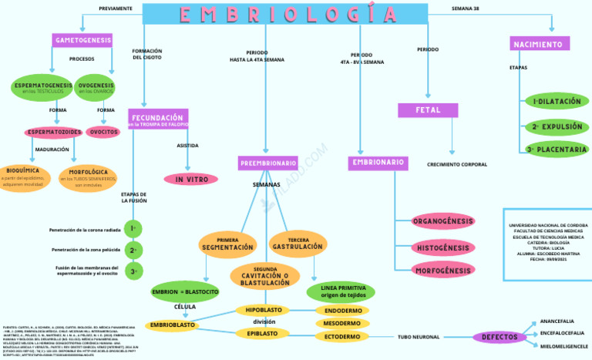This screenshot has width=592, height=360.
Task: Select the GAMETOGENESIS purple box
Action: point(82,40)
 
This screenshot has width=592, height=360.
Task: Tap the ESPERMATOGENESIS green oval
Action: point(43,88)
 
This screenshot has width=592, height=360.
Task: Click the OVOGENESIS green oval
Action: point(96,88)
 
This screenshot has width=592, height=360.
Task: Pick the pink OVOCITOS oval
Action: point(102,132)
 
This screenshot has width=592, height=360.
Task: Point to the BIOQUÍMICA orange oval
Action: point(23,177)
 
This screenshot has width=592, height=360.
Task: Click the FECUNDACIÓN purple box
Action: point(158,119)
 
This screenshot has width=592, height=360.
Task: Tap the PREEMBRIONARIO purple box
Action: point(267,163)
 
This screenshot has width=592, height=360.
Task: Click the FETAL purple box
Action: point(428,110)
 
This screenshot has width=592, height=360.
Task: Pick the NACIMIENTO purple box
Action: point(540,44)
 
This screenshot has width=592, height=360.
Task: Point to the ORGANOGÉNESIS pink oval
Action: point(442,222)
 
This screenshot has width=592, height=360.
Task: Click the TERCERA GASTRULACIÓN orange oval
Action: point(298,244)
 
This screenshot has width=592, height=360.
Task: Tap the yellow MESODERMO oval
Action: point(341,323)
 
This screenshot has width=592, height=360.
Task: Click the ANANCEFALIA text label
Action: point(556,320)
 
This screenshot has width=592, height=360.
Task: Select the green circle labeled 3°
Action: point(134,271)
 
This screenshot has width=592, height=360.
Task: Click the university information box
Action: point(543,243)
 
